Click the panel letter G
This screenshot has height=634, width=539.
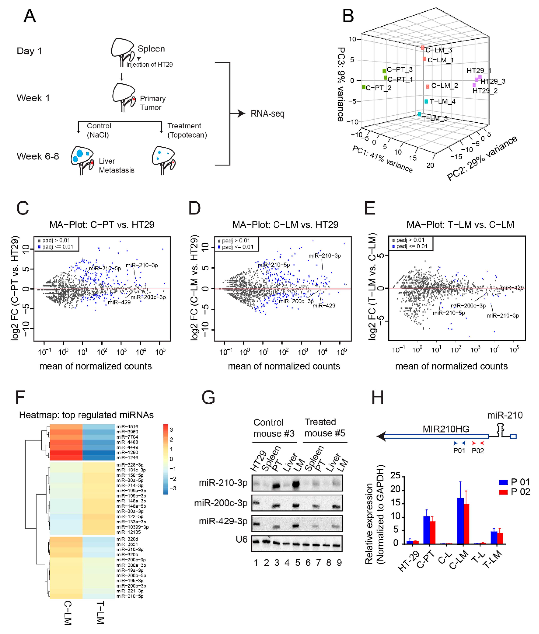pyautogui.click(x=208, y=398)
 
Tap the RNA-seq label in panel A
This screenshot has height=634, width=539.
pyautogui.click(x=267, y=114)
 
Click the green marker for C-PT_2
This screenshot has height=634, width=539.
pyautogui.click(x=364, y=87)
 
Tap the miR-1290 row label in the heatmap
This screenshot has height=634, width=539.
pyautogui.click(x=127, y=452)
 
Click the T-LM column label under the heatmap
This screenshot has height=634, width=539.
pyautogui.click(x=100, y=613)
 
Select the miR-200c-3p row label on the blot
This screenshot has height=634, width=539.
pyautogui.click(x=221, y=503)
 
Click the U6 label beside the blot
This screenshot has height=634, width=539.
pyautogui.click(x=241, y=539)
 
